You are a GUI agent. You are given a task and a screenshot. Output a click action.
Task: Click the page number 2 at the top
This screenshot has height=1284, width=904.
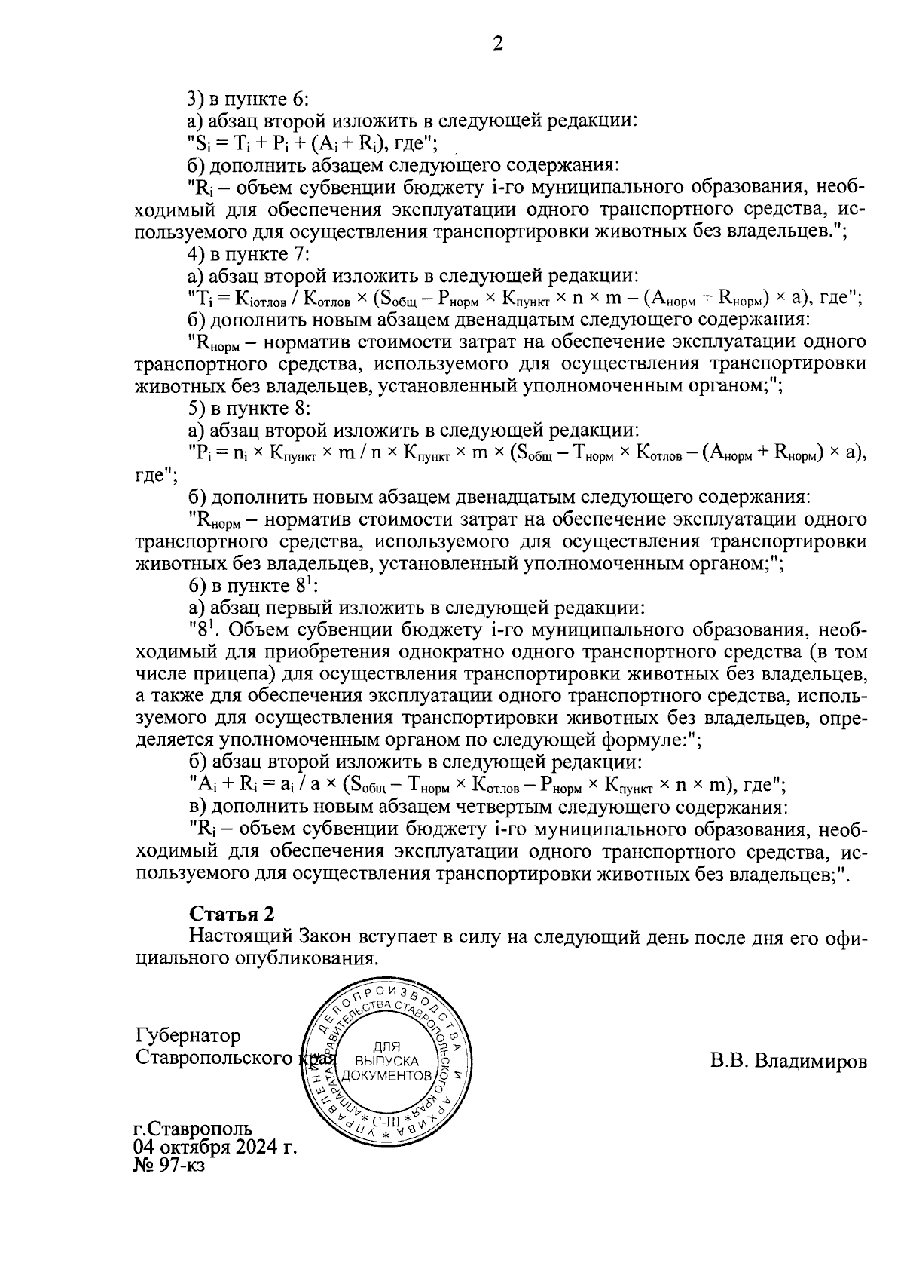pyautogui.click(x=497, y=44)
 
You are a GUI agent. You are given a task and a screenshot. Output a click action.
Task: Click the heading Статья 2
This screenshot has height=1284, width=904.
pyautogui.click(x=231, y=915)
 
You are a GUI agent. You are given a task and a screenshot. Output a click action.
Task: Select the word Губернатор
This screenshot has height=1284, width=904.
pyautogui.click(x=188, y=1036)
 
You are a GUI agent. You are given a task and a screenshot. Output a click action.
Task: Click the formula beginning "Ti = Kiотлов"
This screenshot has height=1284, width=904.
pyautogui.click(x=524, y=298)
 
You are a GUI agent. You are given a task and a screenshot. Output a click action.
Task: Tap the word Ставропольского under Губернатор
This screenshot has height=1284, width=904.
pyautogui.click(x=214, y=1058)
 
